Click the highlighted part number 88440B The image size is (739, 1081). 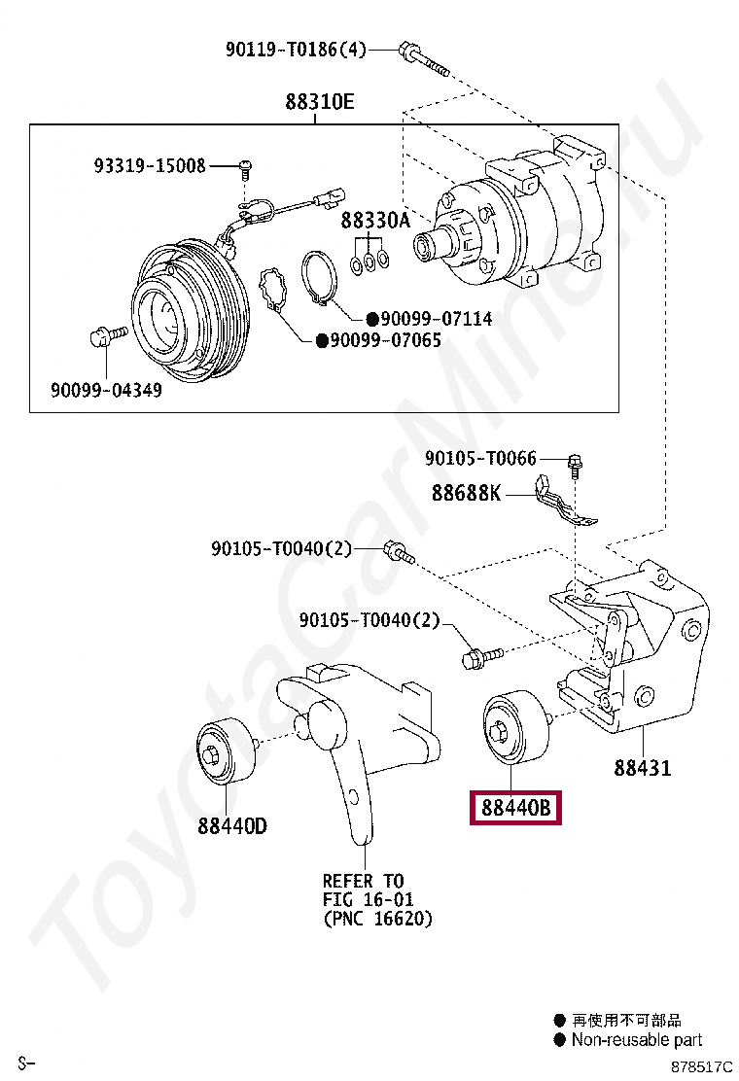(x=515, y=807)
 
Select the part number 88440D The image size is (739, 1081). (x=231, y=826)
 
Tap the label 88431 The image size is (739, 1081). (x=642, y=768)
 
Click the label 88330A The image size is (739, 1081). (x=375, y=222)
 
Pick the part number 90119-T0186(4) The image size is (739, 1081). (x=296, y=49)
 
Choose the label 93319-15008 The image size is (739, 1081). (x=150, y=166)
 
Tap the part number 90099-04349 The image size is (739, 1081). (x=106, y=391)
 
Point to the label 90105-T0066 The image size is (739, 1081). (x=480, y=458)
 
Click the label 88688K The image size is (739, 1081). (x=466, y=494)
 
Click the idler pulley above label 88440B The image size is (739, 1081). (x=515, y=727)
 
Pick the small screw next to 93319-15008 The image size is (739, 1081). (x=246, y=170)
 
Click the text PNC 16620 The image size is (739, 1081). (x=378, y=918)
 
